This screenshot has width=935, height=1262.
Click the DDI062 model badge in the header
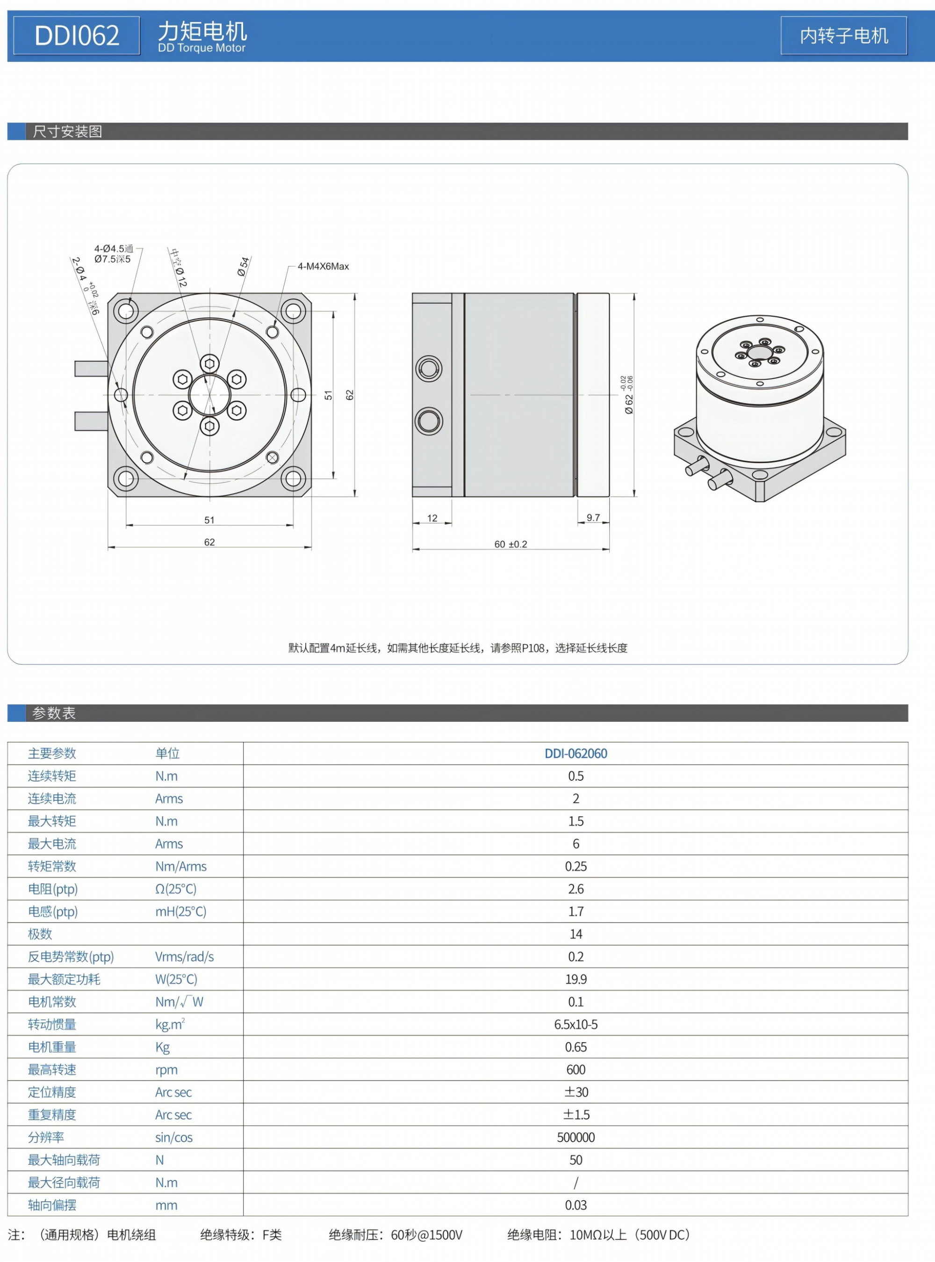[x=76, y=36]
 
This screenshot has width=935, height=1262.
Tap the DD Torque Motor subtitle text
[x=201, y=48]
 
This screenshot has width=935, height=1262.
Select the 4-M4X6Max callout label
[x=323, y=266]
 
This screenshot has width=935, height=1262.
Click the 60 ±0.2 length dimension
[x=511, y=544]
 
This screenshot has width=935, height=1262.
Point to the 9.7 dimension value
[x=593, y=517]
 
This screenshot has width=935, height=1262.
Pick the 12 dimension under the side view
[x=432, y=518]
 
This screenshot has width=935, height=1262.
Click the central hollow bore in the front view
[x=209, y=395]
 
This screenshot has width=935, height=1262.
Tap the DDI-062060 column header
[x=575, y=754]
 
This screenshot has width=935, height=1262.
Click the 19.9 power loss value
[x=575, y=979]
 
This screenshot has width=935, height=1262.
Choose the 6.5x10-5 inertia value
[x=575, y=1025]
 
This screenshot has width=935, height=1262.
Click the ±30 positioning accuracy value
[x=575, y=1092]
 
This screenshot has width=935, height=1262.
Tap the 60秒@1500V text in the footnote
[x=426, y=1235]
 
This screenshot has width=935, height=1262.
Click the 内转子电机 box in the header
[x=843, y=36]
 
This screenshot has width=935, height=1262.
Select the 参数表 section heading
[x=54, y=713]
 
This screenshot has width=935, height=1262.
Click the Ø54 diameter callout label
[x=244, y=266]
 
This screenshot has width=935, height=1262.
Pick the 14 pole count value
[x=575, y=934]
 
